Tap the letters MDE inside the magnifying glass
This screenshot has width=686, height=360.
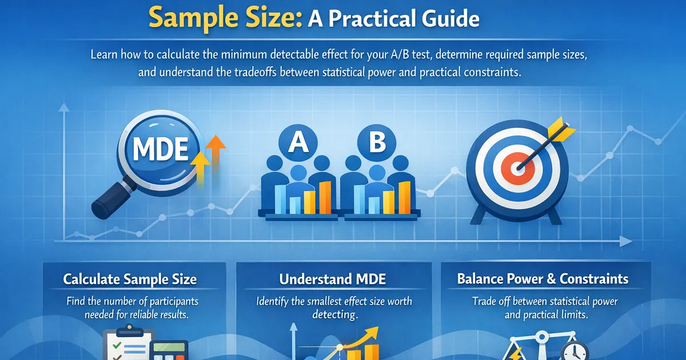tap(160, 149)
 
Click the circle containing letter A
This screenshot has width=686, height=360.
tap(298, 142)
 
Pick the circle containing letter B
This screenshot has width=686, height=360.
tap(377, 142)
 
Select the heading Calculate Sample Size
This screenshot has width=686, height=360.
tap(130, 279)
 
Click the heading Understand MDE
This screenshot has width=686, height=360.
tap(332, 279)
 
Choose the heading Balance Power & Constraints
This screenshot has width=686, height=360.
tap(543, 279)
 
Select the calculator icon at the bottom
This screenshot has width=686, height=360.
tap(170, 350)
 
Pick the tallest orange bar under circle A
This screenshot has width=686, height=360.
tap(325, 196)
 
